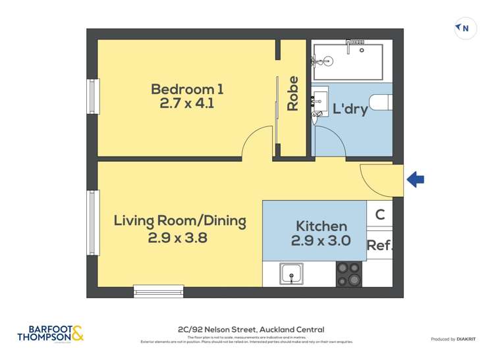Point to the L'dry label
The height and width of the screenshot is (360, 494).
349,109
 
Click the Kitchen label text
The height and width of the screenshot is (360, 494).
321,226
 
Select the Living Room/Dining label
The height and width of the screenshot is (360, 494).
180,220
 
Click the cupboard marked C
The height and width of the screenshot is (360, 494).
380,214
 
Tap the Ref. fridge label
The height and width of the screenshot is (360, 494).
379,245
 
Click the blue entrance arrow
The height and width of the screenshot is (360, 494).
416,179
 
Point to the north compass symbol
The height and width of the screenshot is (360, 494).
465,28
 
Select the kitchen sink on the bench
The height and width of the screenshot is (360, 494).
291,274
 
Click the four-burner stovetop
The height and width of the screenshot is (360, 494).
349,274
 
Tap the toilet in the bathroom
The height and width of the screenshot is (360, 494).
381,102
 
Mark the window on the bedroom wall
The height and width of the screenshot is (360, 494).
93,97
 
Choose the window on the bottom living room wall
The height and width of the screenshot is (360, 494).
158,291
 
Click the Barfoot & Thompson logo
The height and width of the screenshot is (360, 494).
51,334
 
